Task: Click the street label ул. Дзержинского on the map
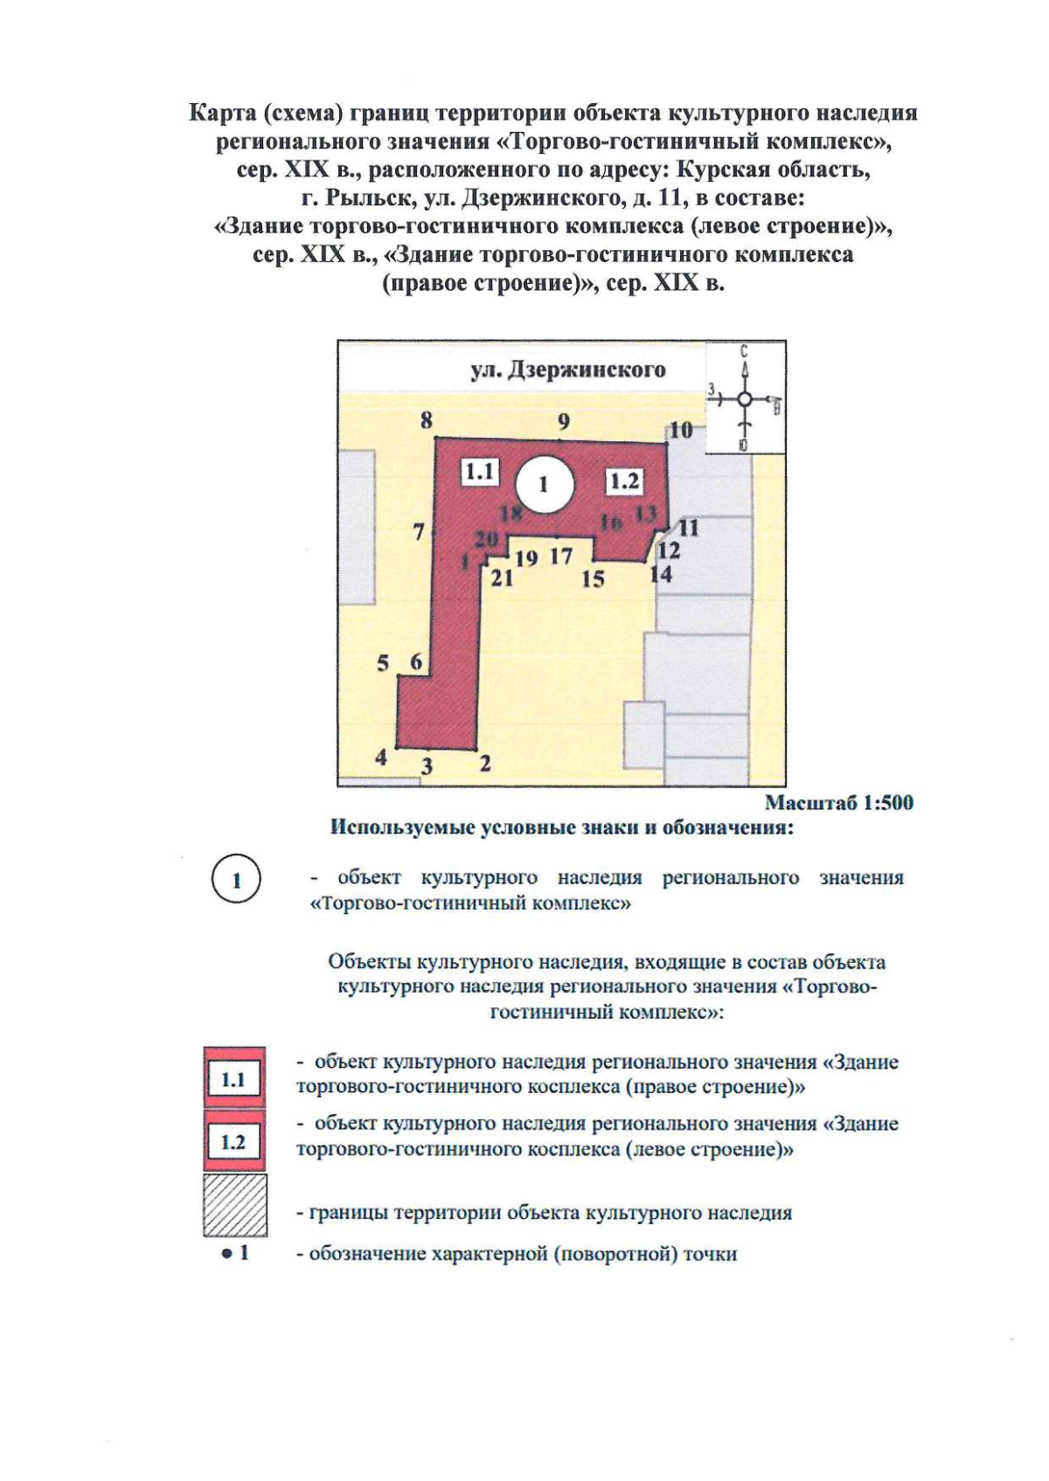coord(568,370)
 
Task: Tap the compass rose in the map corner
coord(745,398)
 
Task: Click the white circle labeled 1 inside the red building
coord(544,483)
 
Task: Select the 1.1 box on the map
coord(480,473)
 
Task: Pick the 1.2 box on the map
coord(624,481)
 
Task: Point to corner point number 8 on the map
coord(427,420)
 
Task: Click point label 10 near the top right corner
coord(681,429)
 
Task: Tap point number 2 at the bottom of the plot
coord(485,763)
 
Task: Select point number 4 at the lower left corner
coord(381,757)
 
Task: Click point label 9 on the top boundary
coord(564,422)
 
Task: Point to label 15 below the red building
coord(593,578)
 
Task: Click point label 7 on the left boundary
coord(420,531)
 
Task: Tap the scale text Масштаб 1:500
coord(838,802)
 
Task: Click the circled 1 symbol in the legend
coord(236,881)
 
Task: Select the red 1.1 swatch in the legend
coord(234,1079)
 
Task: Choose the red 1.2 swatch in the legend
coord(234,1141)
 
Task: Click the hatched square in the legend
coord(235,1205)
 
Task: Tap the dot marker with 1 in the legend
coord(235,1253)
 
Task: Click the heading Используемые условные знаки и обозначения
coord(561,827)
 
